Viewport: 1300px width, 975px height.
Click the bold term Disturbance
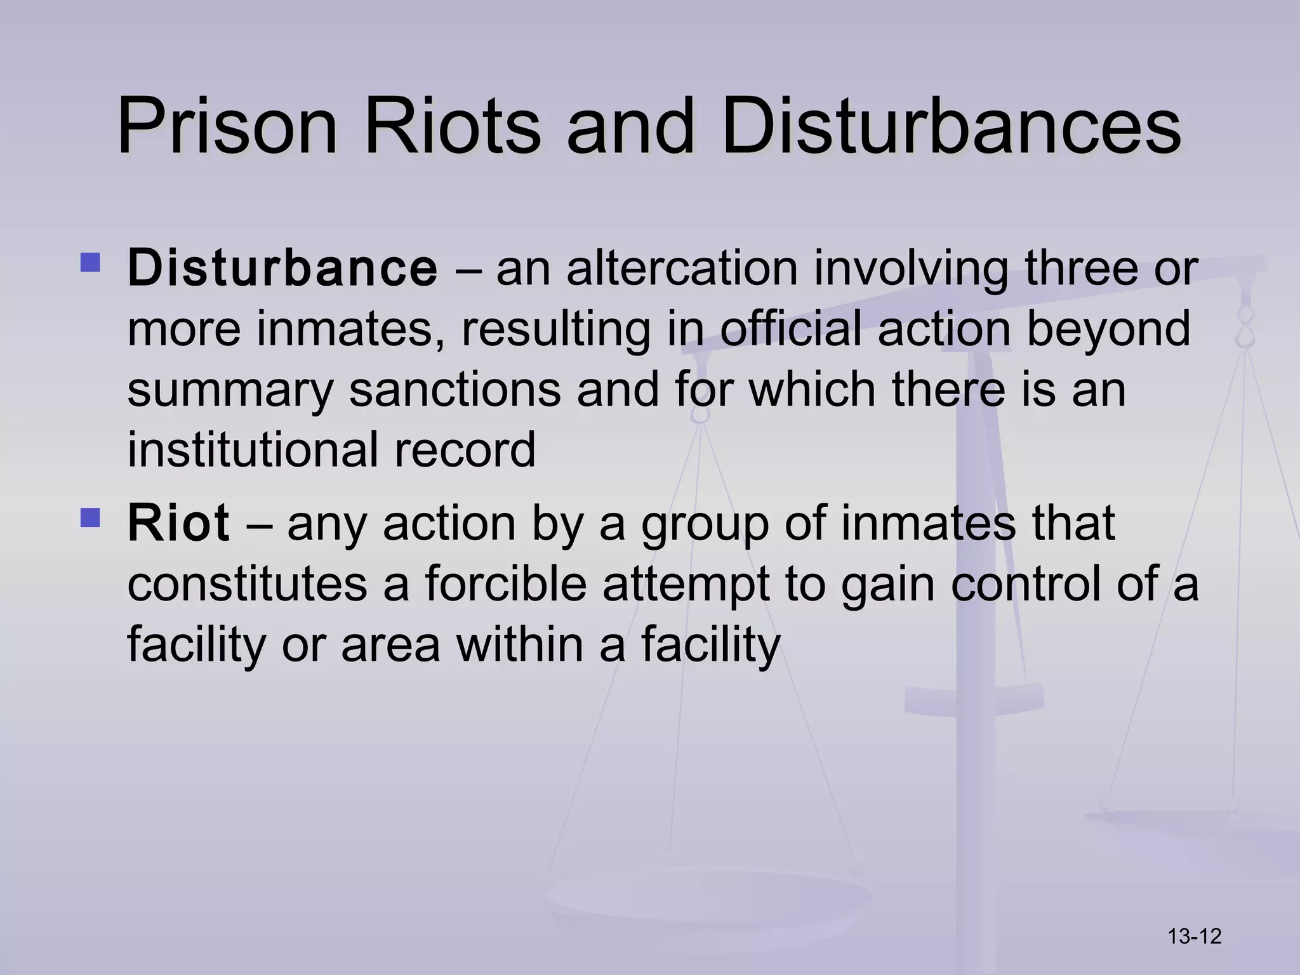(x=282, y=268)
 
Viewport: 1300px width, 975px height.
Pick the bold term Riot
(x=178, y=523)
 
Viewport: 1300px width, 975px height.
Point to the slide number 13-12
(x=1195, y=936)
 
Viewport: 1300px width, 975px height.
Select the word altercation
(x=682, y=268)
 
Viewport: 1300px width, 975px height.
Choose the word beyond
(x=1108, y=329)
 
